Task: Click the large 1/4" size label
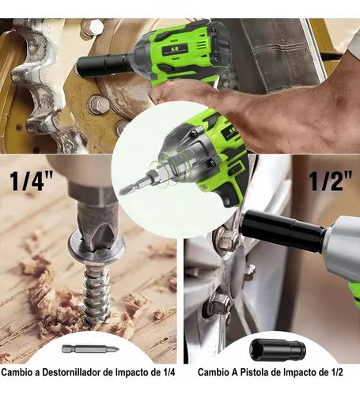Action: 32,181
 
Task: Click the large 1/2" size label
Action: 331,181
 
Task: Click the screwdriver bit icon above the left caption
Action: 90,349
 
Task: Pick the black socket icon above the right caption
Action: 278,350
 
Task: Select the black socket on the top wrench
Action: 104,65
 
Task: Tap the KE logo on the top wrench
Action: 175,49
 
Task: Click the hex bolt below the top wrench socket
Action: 98,105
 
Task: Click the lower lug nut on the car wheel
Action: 219,303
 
